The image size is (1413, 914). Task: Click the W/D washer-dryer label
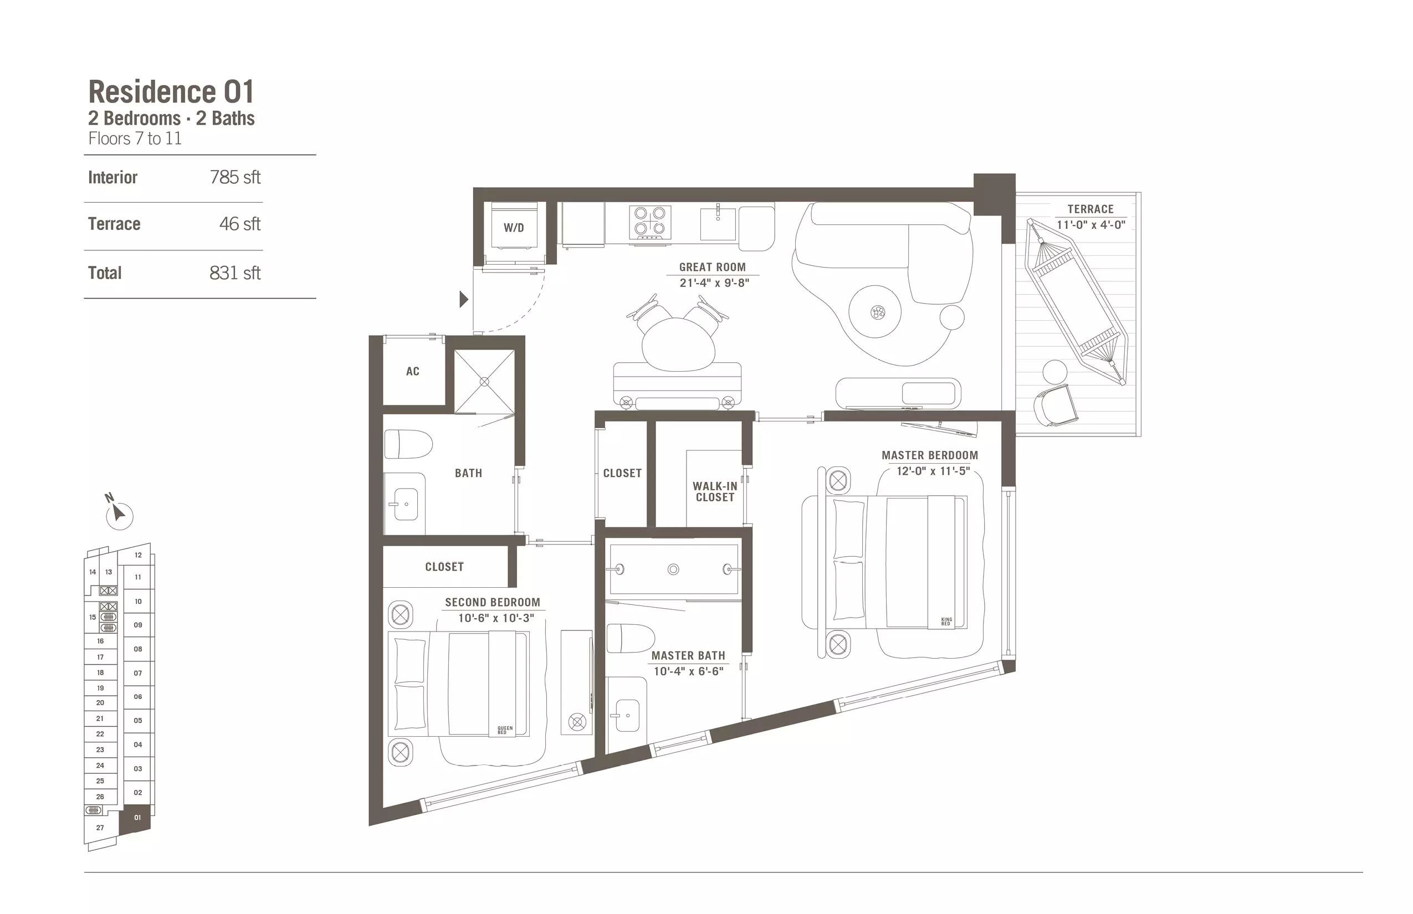pos(514,227)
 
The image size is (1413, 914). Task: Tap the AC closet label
pos(413,372)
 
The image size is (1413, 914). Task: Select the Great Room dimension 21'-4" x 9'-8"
pos(714,283)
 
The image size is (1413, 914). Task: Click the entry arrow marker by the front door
pos(464,299)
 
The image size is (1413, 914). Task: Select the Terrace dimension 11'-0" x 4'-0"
pos(1091,225)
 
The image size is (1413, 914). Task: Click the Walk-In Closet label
pos(715,491)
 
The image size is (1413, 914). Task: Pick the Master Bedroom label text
pos(930,455)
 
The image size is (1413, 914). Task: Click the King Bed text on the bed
pos(946,622)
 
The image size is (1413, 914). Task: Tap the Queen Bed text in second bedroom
pos(505,730)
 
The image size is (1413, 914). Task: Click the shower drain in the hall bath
pos(484,382)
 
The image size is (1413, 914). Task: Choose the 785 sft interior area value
pos(235,177)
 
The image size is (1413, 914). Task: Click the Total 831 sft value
pos(235,273)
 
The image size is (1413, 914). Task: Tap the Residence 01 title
pos(172,92)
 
